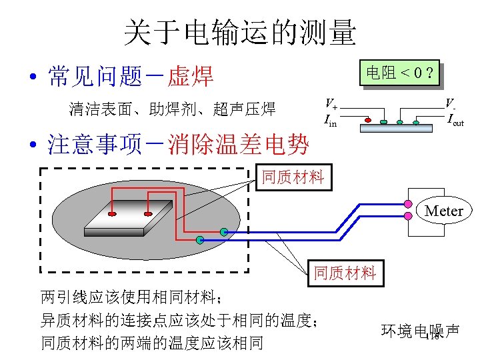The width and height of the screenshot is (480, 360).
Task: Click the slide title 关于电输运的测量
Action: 240,33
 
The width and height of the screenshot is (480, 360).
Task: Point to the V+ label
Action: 331,104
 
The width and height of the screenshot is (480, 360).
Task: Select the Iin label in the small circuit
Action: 330,121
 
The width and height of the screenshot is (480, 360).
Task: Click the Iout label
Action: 455,121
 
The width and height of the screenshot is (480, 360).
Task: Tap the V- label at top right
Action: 451,103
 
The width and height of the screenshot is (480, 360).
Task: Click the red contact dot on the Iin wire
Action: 367,122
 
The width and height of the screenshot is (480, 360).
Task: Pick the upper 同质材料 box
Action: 293,177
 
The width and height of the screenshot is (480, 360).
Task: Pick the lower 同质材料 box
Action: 345,273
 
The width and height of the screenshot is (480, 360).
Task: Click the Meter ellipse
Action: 443,211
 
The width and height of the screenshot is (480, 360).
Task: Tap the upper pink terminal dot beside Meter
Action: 409,201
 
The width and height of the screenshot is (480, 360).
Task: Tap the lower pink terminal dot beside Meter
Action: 409,215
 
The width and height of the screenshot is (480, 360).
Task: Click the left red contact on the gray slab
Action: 112,214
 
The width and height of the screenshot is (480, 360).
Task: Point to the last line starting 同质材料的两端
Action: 152,343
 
